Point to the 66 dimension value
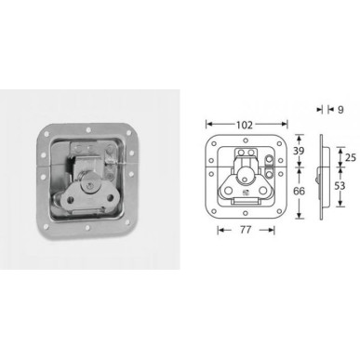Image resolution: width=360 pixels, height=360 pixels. pyautogui.click(x=299, y=191)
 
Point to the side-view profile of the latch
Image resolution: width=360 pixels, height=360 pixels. pyautogui.click(x=323, y=180)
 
